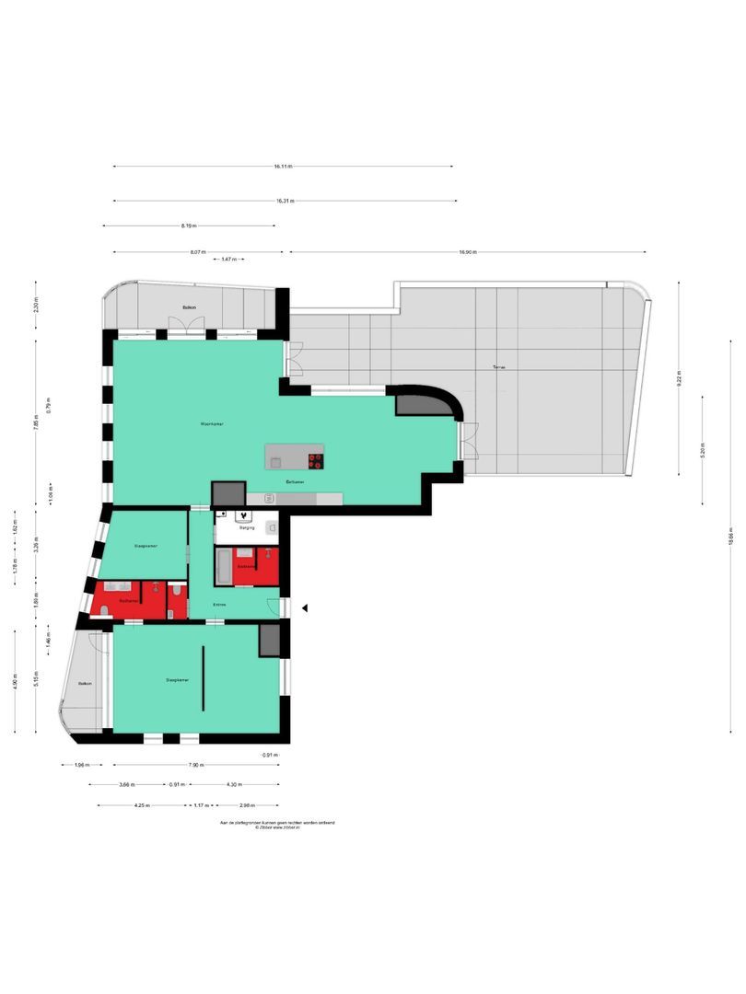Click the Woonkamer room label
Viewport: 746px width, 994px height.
pos(213,424)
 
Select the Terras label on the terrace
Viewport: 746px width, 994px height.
pos(498,367)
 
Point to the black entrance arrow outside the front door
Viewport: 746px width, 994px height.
pos(306,608)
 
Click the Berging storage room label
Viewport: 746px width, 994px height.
pos(247,529)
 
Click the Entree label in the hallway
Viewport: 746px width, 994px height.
pos(219,605)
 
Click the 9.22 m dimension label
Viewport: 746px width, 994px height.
pos(679,377)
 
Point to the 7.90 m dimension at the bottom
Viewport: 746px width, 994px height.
pos(196,765)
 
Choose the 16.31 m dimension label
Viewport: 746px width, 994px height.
pos(285,201)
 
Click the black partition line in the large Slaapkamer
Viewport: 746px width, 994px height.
pos(204,676)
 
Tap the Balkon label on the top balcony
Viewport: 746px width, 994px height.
pos(189,307)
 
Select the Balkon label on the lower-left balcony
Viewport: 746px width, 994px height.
pos(85,683)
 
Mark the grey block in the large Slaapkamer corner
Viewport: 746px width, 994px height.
pos(269,641)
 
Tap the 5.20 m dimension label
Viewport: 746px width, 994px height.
pos(702,451)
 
